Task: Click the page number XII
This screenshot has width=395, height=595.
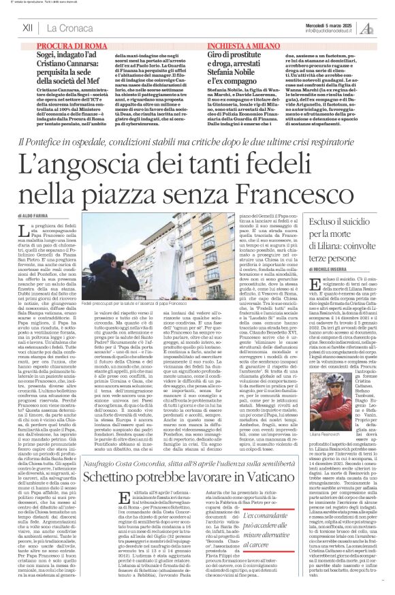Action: [x=28, y=28]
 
